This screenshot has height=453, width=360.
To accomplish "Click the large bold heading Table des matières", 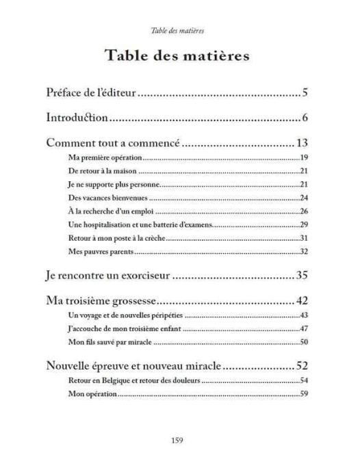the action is point(180,56).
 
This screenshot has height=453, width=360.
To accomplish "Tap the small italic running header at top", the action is point(180,30).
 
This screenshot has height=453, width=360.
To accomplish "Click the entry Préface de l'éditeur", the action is point(92,92).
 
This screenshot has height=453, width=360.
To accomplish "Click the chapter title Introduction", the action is point(77,118).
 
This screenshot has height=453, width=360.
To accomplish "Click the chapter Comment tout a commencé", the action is point(112,143).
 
